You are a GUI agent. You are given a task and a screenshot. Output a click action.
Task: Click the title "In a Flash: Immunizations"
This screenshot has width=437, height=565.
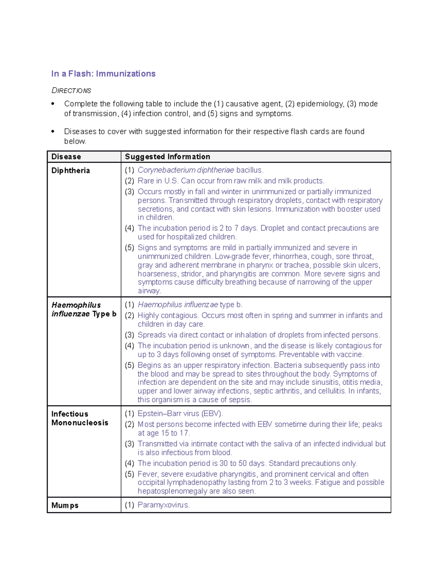click(103, 74)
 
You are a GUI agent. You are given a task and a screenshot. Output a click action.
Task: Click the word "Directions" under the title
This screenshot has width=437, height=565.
click(71, 90)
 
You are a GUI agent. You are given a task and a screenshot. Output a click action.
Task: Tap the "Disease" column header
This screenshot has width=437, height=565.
click(66, 157)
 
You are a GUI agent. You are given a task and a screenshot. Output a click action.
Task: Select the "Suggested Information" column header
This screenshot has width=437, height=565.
click(168, 157)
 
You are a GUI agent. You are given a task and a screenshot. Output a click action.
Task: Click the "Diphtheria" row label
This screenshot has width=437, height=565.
click(71, 171)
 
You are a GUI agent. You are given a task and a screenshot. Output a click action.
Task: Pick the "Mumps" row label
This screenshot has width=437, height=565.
click(65, 505)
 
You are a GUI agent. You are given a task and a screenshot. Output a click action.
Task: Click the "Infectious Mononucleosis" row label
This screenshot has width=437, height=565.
click(80, 418)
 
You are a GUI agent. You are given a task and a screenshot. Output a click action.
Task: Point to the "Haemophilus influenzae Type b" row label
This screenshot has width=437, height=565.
click(84, 310)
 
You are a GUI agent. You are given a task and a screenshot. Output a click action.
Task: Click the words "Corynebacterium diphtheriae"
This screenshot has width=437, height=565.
click(186, 170)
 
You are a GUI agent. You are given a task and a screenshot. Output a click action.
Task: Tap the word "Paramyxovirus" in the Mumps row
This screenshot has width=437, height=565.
click(163, 505)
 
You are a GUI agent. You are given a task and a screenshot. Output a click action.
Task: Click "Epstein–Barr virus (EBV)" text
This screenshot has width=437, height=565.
click(180, 414)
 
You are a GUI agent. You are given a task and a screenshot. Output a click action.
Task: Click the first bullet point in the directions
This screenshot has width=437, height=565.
click(53, 104)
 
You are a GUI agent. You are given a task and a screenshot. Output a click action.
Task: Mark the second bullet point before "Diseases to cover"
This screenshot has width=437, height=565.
click(53, 132)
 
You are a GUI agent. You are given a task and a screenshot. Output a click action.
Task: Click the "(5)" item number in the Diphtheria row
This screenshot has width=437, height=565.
click(129, 248)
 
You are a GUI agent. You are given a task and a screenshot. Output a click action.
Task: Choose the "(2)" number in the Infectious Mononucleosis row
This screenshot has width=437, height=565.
click(129, 425)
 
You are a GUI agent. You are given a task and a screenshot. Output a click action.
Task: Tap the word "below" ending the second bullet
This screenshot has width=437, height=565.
click(75, 142)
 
